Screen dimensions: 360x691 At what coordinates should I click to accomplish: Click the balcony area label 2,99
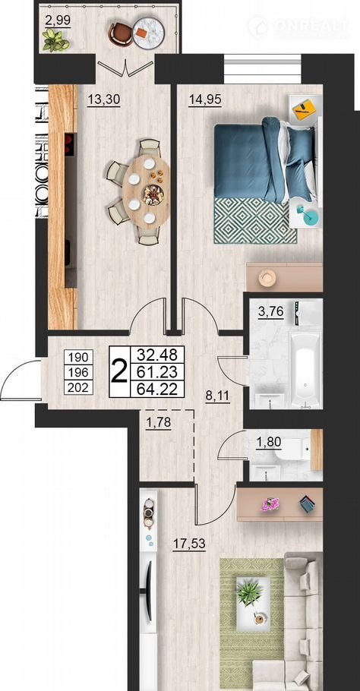(58, 21)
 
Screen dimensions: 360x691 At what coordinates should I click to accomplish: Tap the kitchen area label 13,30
(103, 100)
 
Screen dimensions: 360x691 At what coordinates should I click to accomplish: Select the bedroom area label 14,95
(205, 100)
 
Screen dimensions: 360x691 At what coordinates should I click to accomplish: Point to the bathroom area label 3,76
(270, 311)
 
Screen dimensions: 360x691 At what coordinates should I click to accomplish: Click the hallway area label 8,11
(217, 396)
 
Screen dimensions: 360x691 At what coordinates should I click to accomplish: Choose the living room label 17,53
(189, 544)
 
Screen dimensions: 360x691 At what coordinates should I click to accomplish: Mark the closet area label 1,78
(158, 423)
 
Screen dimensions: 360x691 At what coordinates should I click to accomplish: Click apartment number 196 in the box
(79, 372)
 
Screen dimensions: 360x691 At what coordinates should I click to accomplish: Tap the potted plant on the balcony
(56, 40)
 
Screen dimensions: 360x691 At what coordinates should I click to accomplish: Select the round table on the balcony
(149, 32)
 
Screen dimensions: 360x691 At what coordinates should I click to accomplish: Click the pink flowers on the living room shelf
(270, 503)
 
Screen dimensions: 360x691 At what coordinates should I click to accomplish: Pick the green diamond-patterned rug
(255, 220)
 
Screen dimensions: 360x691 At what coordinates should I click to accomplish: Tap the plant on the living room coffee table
(249, 593)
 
